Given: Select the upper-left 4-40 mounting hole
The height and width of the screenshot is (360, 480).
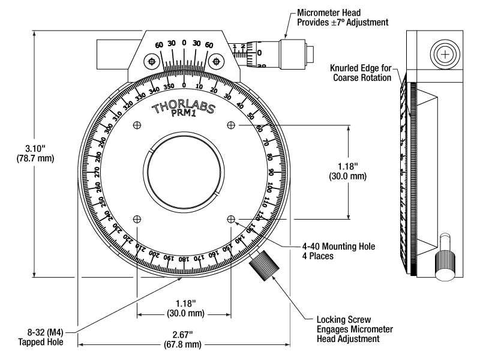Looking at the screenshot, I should pyautogui.click(x=137, y=125).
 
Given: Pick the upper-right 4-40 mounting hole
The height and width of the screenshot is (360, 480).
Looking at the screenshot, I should pyautogui.click(x=231, y=125).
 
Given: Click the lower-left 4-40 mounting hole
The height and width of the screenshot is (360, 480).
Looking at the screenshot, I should pyautogui.click(x=137, y=219).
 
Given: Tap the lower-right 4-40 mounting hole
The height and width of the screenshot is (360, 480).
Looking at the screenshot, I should pyautogui.click(x=231, y=219).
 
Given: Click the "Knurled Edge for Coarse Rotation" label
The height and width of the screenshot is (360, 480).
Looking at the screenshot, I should pyautogui.click(x=362, y=73).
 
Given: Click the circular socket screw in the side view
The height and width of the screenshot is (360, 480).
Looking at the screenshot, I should pyautogui.click(x=445, y=55).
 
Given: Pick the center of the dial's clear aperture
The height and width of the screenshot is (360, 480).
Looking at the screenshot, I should pyautogui.click(x=184, y=172).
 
